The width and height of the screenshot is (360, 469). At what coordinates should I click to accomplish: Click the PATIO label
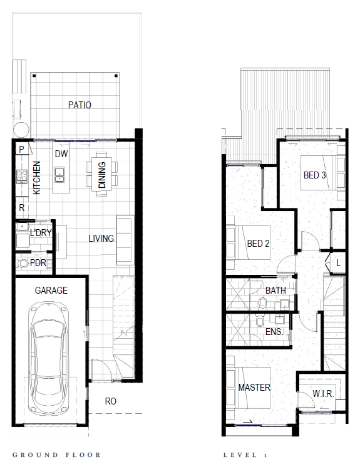[x=80, y=105]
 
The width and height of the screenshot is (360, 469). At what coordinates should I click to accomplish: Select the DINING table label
[x=102, y=175]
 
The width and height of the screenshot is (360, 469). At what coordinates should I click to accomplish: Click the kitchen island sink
[x=59, y=175]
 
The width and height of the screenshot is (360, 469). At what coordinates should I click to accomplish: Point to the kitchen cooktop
[x=22, y=176]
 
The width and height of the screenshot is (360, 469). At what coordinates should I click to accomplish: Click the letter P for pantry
[x=21, y=149]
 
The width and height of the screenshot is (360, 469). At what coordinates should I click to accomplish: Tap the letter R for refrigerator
[x=22, y=208]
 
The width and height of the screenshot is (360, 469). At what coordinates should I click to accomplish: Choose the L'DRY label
[x=41, y=232]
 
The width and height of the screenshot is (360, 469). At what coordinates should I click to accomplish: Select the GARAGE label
[x=51, y=291]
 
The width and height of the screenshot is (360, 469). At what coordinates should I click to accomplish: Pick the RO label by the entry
[x=110, y=401]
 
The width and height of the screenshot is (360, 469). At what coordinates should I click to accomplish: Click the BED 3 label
[x=314, y=175]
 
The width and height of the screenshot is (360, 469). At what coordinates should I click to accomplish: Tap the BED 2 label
[x=258, y=244]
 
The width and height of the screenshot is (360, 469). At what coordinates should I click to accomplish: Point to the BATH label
[x=275, y=291]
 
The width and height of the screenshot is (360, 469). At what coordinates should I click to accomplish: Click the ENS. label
[x=274, y=331]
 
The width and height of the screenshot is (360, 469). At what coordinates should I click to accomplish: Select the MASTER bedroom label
[x=254, y=388]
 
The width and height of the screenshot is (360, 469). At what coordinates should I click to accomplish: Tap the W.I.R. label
[x=323, y=394]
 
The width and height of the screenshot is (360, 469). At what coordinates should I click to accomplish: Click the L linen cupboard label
[x=338, y=263]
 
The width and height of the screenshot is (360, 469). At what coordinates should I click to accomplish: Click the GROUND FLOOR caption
[x=56, y=455]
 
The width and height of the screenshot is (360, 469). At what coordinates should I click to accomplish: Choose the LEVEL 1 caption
[x=245, y=455]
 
